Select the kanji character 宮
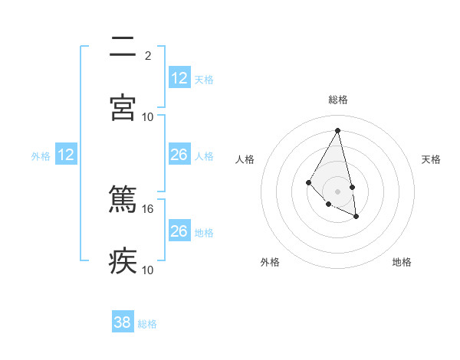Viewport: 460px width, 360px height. [x=123, y=107]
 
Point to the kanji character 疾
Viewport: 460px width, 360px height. [x=123, y=261]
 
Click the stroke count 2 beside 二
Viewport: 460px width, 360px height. [x=147, y=55]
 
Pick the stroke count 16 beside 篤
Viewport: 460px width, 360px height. [x=148, y=208]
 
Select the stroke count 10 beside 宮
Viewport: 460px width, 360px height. [x=148, y=116]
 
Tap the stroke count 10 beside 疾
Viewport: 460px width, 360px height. [x=148, y=270]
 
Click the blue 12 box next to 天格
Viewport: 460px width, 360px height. [x=179, y=78]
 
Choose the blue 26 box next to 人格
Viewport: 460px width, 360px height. [x=179, y=155]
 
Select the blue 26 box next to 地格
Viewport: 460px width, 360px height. [x=179, y=231]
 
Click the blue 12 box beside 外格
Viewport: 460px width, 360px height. [x=66, y=155]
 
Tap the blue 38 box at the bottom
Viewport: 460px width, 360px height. [x=123, y=322]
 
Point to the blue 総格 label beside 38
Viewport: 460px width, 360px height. [x=147, y=324]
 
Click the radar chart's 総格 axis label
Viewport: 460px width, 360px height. [x=337, y=100]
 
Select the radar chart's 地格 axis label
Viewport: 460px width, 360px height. [x=402, y=262]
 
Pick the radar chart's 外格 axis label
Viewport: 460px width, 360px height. [x=270, y=262]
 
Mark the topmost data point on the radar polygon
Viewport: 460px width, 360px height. [x=337, y=130]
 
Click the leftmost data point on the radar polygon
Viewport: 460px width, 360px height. [x=308, y=182]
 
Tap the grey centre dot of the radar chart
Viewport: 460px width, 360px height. [x=337, y=191]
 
